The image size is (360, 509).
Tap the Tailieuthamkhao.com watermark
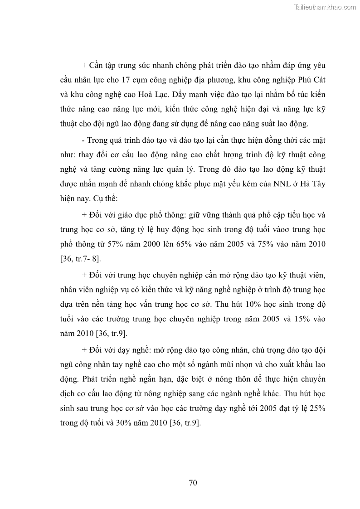pos(325,7)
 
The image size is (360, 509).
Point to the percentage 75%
pos(275,244)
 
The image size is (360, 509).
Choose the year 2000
pos(160,244)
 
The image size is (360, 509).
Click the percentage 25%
pos(316,408)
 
